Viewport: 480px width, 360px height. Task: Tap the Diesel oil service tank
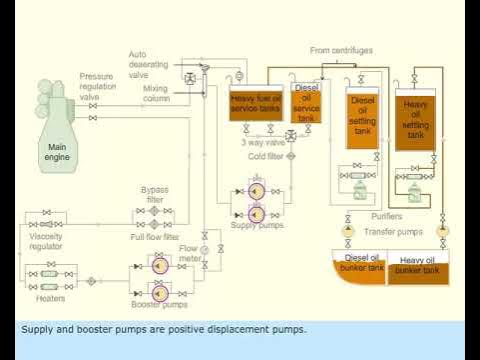306,102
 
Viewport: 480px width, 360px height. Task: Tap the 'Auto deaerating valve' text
151,62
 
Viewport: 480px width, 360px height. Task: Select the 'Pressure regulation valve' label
96,86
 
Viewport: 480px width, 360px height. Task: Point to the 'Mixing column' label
154,95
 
